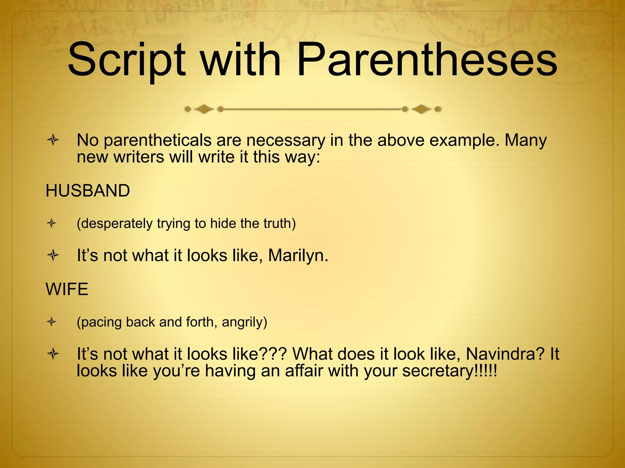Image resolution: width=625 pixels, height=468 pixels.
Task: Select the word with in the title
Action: pos(241,59)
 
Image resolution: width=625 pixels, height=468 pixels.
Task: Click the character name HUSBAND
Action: pos(88,191)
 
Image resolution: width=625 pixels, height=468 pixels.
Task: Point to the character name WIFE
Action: pos(67,289)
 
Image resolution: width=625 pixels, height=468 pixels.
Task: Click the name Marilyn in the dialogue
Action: pos(298,255)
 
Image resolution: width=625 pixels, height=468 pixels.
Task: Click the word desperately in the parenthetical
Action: pos(116,223)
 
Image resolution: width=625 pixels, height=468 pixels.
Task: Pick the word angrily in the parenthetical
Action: pos(244,322)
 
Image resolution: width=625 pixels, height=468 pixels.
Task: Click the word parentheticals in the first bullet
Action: pos(157,140)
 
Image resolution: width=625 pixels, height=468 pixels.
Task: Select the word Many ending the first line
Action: pos(526,140)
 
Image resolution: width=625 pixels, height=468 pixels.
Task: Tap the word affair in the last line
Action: pos(304,371)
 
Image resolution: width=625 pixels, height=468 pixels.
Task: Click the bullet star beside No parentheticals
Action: pos(53,140)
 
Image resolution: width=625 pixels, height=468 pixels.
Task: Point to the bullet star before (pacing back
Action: pos(52,322)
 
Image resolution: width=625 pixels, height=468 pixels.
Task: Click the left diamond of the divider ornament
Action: pos(204,109)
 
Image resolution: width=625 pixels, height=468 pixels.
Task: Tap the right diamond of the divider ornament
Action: pos(421,109)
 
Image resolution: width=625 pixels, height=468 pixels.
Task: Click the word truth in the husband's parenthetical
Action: pos(279,223)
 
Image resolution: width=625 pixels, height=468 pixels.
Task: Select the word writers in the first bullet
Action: pos(139,157)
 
